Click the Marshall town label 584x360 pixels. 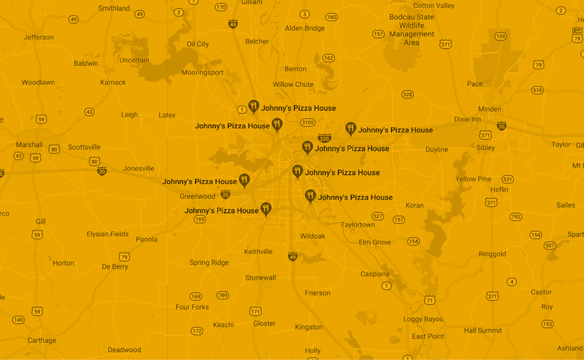point(29,145)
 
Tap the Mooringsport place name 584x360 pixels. point(202,73)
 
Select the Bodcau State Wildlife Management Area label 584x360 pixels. point(411,29)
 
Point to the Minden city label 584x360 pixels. point(489,109)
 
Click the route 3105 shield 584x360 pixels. point(307,123)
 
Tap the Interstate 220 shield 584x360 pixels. point(324,138)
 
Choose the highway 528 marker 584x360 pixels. point(407,94)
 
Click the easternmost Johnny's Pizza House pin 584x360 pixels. point(350,129)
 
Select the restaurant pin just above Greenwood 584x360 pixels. point(244,180)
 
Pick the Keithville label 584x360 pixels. point(258,252)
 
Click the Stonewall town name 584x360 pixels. point(260,278)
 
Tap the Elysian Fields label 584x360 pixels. point(107,234)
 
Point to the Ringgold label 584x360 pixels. point(492,254)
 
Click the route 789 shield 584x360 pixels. point(223,295)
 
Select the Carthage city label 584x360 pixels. point(42,340)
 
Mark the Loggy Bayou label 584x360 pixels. point(423,319)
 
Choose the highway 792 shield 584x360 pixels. point(515,217)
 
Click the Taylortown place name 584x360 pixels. point(357,225)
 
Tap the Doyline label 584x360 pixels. point(436,150)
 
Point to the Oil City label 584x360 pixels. point(198,44)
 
